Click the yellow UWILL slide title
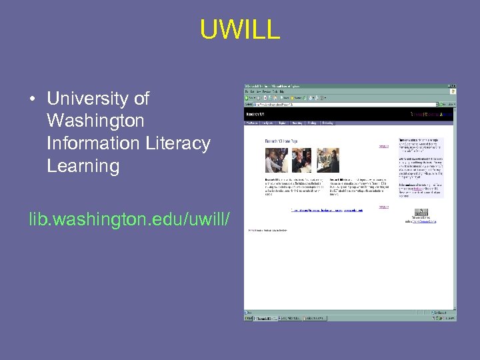click(x=240, y=30)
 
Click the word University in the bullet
click(x=98, y=99)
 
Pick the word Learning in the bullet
click(x=83, y=166)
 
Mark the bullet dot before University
click(x=31, y=100)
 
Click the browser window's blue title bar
click(x=350, y=87)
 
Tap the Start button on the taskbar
click(x=249, y=319)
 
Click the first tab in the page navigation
click(x=252, y=123)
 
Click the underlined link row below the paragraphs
click(x=327, y=210)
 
